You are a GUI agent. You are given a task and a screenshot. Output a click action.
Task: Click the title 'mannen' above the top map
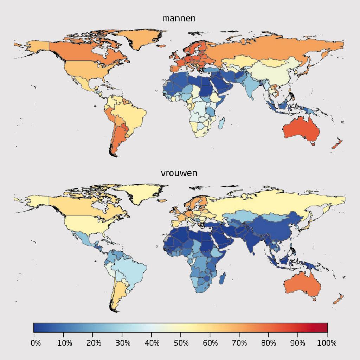[x=179, y=18]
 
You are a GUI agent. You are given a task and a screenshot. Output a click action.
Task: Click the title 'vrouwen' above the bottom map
[x=179, y=173]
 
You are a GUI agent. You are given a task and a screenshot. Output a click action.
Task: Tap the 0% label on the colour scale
[x=36, y=343]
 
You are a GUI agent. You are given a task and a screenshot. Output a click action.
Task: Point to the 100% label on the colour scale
[x=327, y=343]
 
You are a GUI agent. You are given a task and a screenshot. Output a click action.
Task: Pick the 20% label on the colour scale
[x=94, y=343]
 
